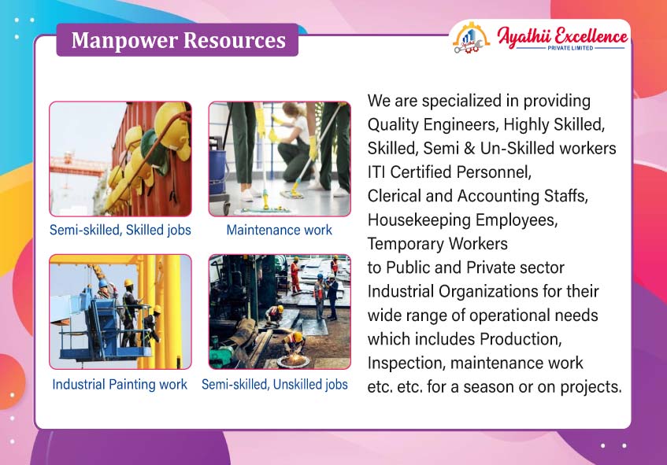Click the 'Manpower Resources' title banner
click(177, 40)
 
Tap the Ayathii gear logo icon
click(471, 39)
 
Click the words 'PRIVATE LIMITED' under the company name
click(570, 48)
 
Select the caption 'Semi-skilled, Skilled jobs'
click(120, 230)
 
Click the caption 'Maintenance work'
click(279, 230)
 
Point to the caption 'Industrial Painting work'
click(120, 384)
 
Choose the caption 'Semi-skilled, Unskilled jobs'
click(275, 384)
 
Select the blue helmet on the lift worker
click(103, 283)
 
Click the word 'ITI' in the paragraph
click(376, 172)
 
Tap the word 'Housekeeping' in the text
click(419, 220)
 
